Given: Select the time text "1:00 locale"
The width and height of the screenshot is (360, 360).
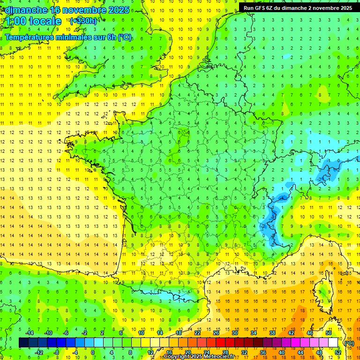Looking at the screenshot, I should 33,21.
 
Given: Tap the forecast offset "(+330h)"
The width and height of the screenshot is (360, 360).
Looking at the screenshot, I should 83,21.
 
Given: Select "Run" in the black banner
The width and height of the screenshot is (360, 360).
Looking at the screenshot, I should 249,8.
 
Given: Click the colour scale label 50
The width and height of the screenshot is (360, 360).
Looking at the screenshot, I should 329,333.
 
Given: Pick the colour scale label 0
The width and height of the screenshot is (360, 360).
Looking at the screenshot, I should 93,352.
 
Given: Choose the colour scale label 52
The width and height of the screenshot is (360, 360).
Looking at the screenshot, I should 338,352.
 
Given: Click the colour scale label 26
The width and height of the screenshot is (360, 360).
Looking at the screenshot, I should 216,333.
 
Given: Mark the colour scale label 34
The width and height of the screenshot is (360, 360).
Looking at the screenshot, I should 254,333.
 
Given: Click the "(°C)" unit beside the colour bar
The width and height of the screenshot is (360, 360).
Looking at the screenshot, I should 349,343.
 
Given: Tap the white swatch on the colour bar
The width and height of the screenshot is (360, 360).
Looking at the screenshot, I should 333,343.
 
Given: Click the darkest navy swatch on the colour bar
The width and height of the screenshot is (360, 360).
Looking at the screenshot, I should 23,343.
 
